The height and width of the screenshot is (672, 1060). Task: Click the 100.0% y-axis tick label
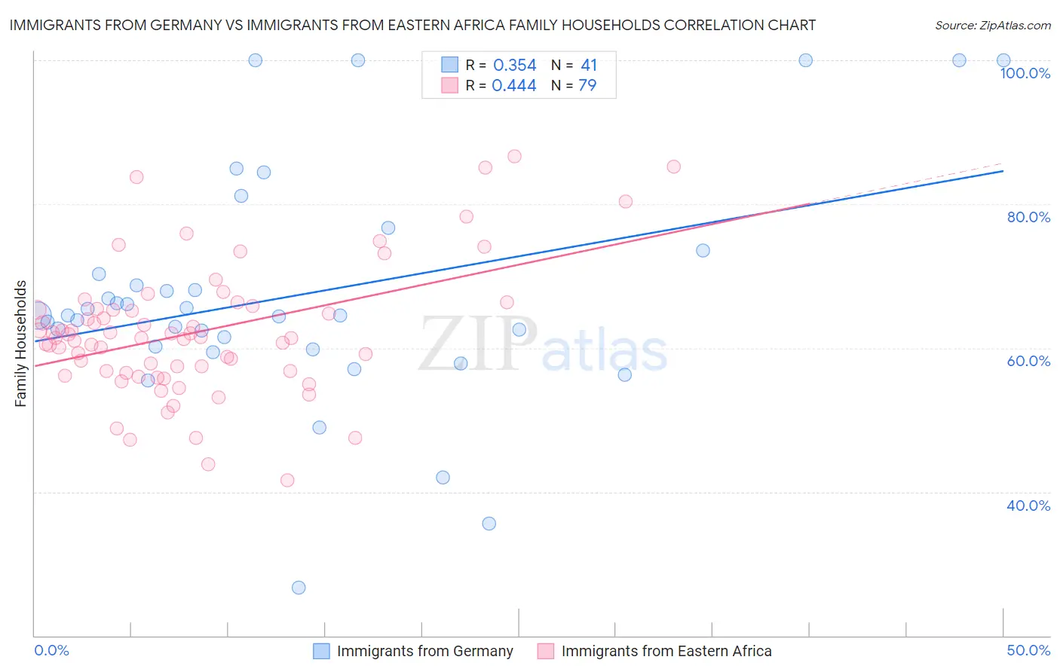(1025, 73)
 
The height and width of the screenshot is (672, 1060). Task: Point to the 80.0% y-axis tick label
(1028, 217)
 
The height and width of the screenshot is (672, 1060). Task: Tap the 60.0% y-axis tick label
(1028, 361)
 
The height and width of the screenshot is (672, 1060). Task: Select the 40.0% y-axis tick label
(1028, 506)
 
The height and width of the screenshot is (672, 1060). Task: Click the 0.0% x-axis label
(51, 650)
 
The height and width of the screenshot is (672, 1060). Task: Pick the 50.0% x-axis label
(1028, 650)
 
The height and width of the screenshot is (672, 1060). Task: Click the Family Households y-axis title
(21, 344)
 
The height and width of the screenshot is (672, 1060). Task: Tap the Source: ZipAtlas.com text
(992, 26)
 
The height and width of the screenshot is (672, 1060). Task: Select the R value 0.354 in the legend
(514, 66)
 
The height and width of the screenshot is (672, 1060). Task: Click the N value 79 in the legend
(587, 86)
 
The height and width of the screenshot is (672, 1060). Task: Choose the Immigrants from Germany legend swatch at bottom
(321, 651)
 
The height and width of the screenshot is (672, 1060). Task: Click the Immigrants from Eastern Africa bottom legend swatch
(546, 651)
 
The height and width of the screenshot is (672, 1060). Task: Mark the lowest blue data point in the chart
(299, 588)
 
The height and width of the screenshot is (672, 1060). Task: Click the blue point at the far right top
(1003, 60)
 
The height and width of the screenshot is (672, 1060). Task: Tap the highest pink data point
(514, 157)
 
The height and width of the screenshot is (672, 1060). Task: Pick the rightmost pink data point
(673, 166)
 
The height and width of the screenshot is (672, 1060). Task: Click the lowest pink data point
(287, 480)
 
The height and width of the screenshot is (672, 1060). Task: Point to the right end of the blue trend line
(1003, 171)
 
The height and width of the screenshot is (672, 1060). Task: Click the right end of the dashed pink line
(1003, 163)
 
